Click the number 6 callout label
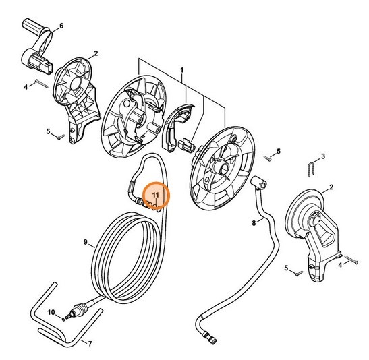[61, 26]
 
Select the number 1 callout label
[181, 70]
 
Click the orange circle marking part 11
[156, 197]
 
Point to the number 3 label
[322, 156]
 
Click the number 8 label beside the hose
[254, 222]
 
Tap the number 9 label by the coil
[86, 242]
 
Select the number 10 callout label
[50, 312]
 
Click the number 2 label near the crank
[96, 53]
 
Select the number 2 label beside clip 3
[331, 187]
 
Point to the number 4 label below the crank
[26, 86]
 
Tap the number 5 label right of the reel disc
[279, 151]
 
